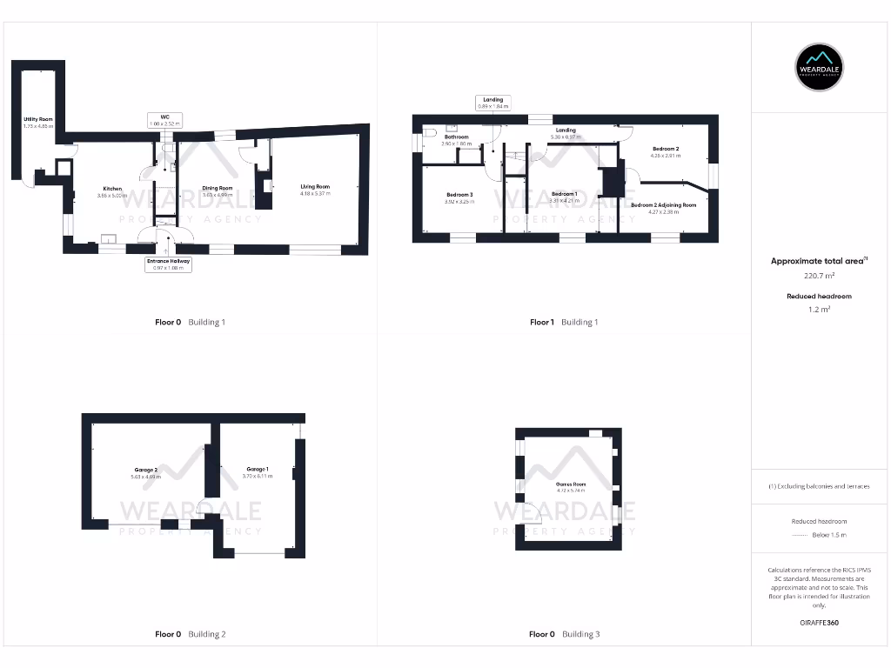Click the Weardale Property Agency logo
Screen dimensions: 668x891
click(x=820, y=67)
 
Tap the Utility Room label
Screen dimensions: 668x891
click(x=38, y=122)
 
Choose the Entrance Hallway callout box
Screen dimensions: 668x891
click(x=168, y=264)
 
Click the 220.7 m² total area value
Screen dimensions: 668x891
click(x=820, y=276)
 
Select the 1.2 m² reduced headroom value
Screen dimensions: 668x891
click(x=820, y=309)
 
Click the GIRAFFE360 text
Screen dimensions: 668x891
click(x=819, y=623)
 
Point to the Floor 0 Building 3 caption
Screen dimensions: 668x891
click(x=564, y=634)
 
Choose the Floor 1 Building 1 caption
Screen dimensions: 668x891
click(x=564, y=322)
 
